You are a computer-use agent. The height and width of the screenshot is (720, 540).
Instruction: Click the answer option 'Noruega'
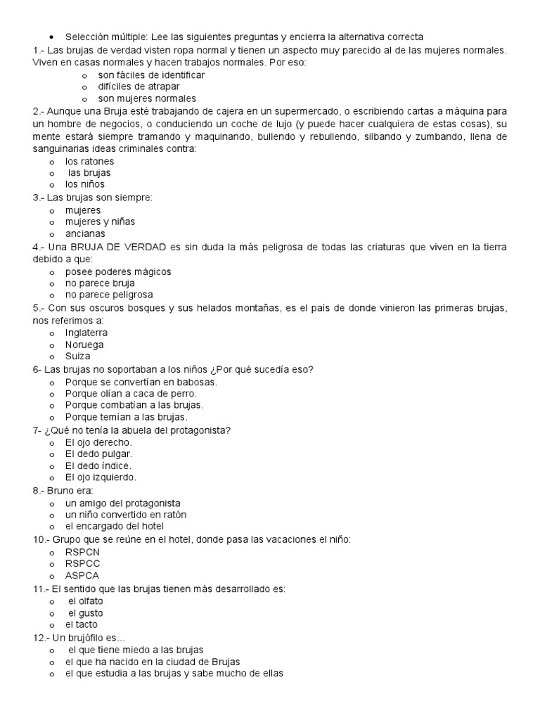click(84, 345)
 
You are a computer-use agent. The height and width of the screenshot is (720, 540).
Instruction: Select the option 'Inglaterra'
click(86, 332)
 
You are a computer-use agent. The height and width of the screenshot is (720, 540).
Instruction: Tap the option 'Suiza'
click(78, 356)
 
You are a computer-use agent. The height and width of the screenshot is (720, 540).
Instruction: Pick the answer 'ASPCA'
click(82, 576)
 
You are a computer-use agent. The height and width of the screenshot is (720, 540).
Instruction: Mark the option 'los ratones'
click(89, 161)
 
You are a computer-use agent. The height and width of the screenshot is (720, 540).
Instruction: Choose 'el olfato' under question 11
click(85, 600)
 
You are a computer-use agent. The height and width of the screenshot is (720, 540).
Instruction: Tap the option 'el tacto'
click(82, 624)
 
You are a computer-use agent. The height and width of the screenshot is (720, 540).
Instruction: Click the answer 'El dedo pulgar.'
click(99, 454)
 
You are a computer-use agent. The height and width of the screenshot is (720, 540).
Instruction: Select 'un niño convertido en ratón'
click(126, 515)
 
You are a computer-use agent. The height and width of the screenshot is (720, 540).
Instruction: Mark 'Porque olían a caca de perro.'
click(131, 394)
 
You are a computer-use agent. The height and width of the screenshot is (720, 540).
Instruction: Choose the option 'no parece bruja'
click(100, 283)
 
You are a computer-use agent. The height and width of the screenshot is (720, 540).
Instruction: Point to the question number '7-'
click(37, 430)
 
